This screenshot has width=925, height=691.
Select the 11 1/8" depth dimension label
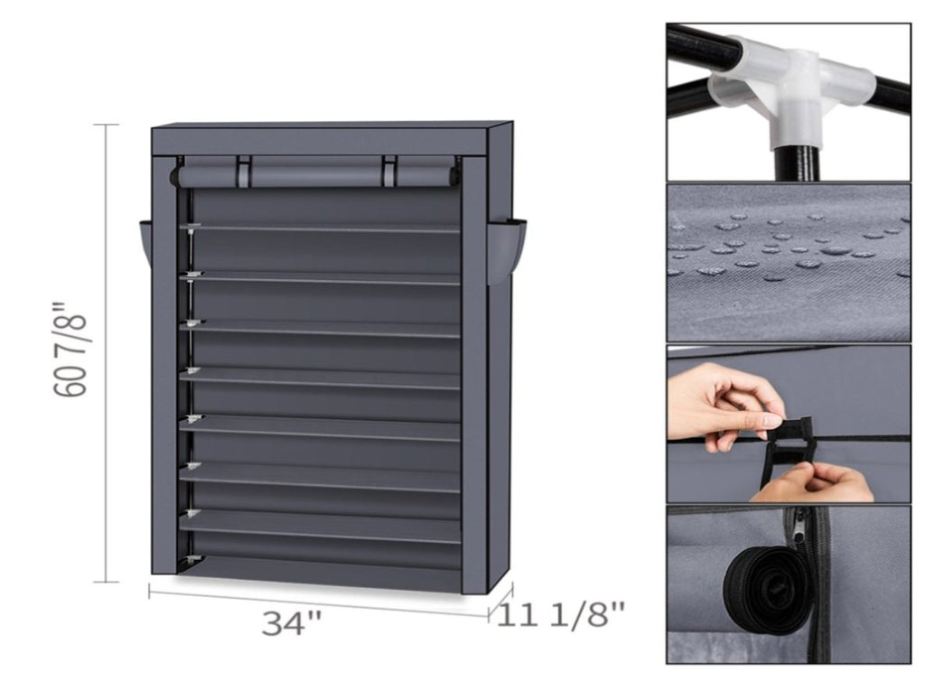click(560, 615)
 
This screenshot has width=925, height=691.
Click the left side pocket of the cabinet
click(145, 246)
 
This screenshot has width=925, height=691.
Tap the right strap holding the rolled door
click(389, 171)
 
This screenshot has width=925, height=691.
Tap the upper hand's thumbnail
click(771, 421)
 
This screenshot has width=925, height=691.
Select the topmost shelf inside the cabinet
click(320, 229)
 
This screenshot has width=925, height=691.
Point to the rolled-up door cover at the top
click(314, 176)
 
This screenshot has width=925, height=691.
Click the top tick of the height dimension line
click(106, 125)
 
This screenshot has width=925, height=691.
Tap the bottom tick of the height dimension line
click(106, 582)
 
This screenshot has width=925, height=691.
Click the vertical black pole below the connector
click(797, 162)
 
